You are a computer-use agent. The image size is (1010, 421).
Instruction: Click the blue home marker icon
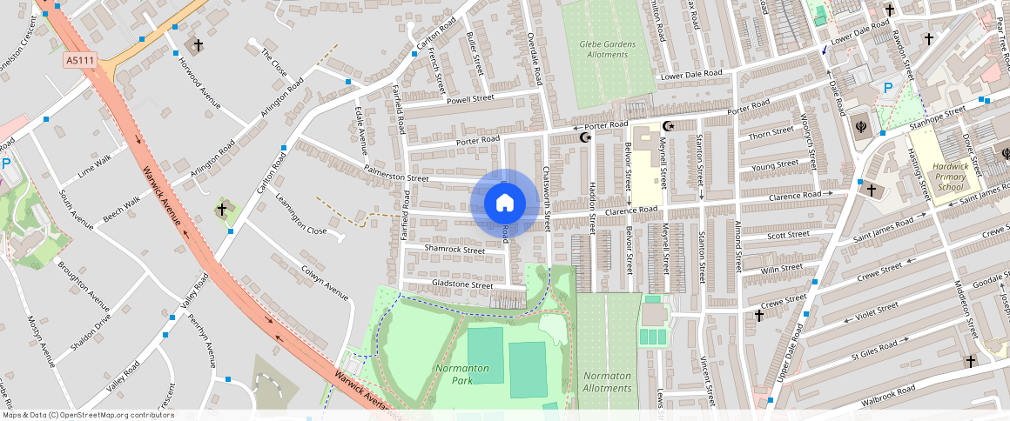(x=504, y=204)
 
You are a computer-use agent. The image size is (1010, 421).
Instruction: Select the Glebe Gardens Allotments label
(x=608, y=50)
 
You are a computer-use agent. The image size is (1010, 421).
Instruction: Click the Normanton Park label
(x=462, y=374)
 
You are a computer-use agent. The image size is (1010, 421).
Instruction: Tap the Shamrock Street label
(x=454, y=250)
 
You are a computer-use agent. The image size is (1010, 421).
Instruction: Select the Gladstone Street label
(x=462, y=285)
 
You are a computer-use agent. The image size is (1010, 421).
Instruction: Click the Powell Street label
(x=469, y=99)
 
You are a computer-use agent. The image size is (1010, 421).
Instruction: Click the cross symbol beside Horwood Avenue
(x=198, y=44)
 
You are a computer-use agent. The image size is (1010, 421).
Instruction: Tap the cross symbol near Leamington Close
(x=222, y=210)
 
